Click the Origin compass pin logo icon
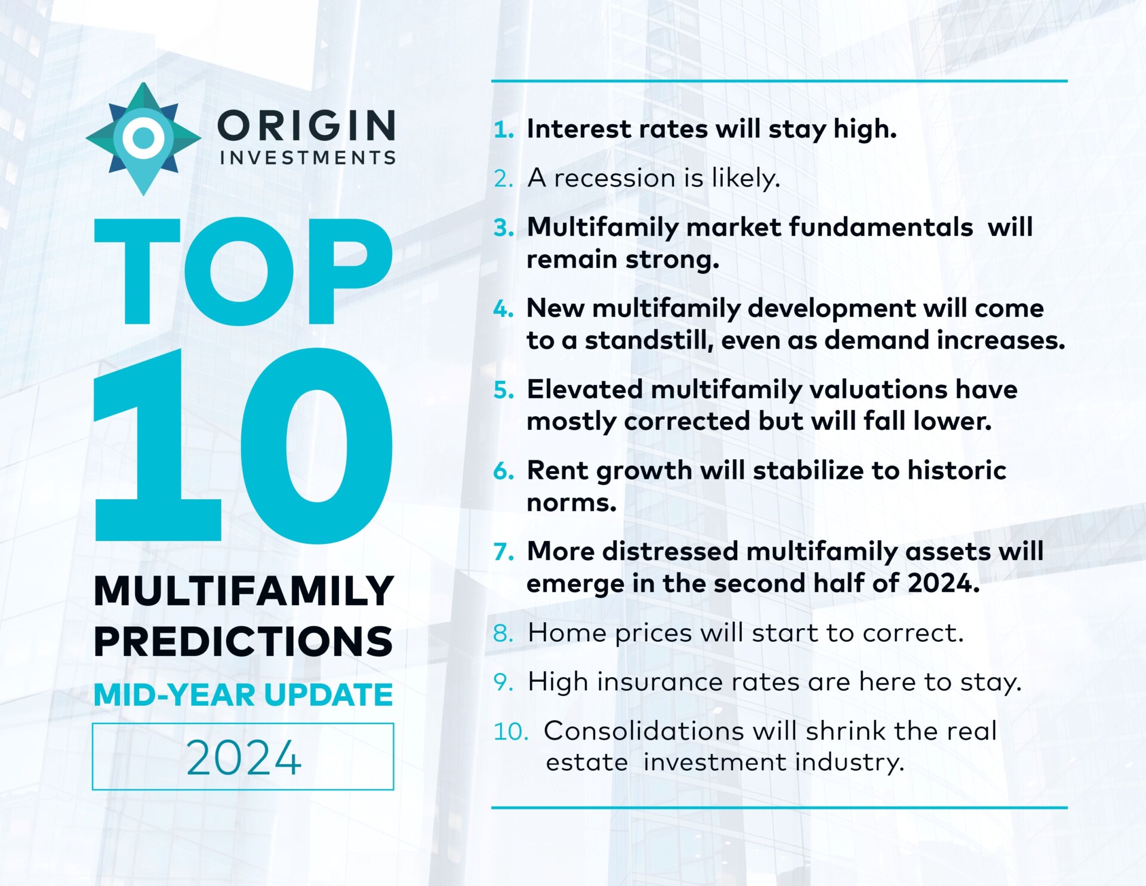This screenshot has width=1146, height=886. pos(143,139)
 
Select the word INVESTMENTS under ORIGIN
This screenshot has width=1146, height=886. pos(307,158)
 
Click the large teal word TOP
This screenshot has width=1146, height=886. pos(244,272)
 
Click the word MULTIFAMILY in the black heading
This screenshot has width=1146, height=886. pos(244,591)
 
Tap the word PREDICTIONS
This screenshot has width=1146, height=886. pos(244,642)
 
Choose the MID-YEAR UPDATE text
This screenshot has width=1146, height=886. pos(244,694)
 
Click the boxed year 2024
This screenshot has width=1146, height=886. pos(244,757)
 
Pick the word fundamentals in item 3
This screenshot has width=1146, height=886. pos(880,227)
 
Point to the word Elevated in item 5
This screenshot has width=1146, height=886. pos(584,389)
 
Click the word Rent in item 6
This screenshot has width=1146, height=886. pos(557,470)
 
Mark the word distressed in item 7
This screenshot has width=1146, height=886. pos(670,551)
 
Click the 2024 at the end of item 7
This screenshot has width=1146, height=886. pos(943,583)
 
